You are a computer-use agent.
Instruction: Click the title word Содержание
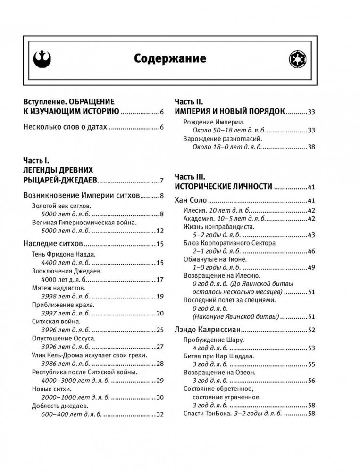(x=170, y=59)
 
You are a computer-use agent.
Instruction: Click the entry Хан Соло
(x=191, y=200)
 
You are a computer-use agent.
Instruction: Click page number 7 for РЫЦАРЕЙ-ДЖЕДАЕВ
(x=161, y=180)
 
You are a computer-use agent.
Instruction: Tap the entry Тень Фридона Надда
(x=64, y=254)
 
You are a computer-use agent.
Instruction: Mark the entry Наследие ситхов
(x=53, y=243)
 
